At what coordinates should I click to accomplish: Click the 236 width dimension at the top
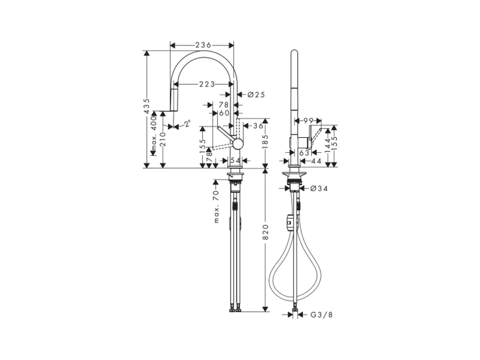203,45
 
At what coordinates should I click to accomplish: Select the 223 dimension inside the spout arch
207,84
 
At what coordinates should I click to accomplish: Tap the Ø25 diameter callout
256,95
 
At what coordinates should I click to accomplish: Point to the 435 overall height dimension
147,106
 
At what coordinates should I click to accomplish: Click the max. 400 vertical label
154,134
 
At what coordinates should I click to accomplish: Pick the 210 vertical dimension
163,139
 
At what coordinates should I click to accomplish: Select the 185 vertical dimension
265,141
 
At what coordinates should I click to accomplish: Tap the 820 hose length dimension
265,232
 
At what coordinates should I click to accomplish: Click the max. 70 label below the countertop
216,207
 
